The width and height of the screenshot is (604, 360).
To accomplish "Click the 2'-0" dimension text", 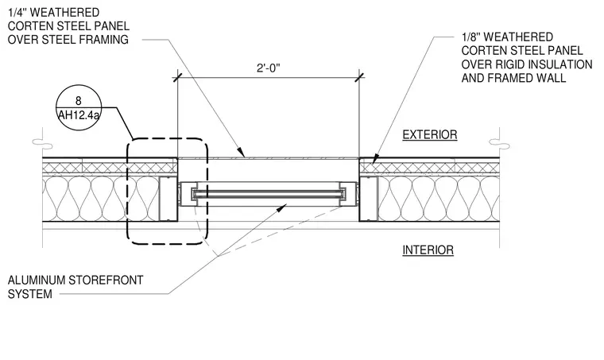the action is pyautogui.click(x=269, y=68).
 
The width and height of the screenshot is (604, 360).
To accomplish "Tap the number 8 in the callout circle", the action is pyautogui.click(x=79, y=101).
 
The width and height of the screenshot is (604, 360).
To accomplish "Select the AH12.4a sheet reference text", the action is pyautogui.click(x=79, y=114).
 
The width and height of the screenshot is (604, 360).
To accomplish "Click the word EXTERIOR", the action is pyautogui.click(x=430, y=135).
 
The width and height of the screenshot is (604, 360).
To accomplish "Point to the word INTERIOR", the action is pyautogui.click(x=428, y=250).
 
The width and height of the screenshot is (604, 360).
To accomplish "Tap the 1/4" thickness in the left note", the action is pyautogui.click(x=17, y=13).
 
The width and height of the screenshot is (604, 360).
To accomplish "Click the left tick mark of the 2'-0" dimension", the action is pyautogui.click(x=177, y=78).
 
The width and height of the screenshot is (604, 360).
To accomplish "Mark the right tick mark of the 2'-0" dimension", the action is pyautogui.click(x=359, y=78).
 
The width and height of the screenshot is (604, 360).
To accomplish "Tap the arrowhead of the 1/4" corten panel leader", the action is pyautogui.click(x=241, y=153).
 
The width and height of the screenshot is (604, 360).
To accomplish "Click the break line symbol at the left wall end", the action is pyautogui.click(x=42, y=142).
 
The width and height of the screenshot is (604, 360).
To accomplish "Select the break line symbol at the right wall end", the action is pyautogui.click(x=499, y=143).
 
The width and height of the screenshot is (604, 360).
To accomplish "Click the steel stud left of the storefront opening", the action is pyautogui.click(x=168, y=199).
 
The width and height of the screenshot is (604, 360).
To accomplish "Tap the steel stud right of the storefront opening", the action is pyautogui.click(x=369, y=199).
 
